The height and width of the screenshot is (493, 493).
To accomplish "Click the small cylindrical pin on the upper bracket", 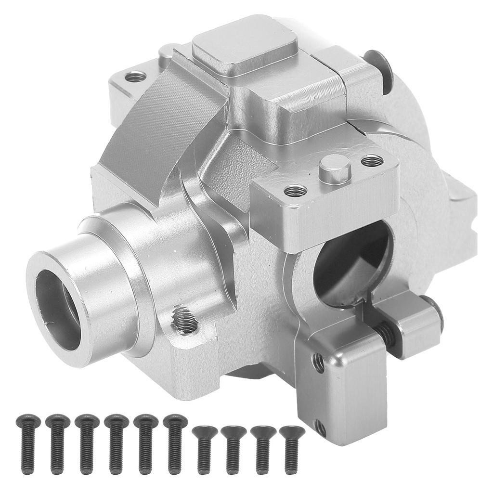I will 335,169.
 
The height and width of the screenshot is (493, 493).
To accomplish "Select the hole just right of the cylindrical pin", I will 372,160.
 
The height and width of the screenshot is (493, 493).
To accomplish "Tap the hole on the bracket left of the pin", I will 296,191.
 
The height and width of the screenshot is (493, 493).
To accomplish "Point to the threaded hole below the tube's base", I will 184,321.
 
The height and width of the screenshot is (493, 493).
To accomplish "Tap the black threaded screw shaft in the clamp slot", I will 385,332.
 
